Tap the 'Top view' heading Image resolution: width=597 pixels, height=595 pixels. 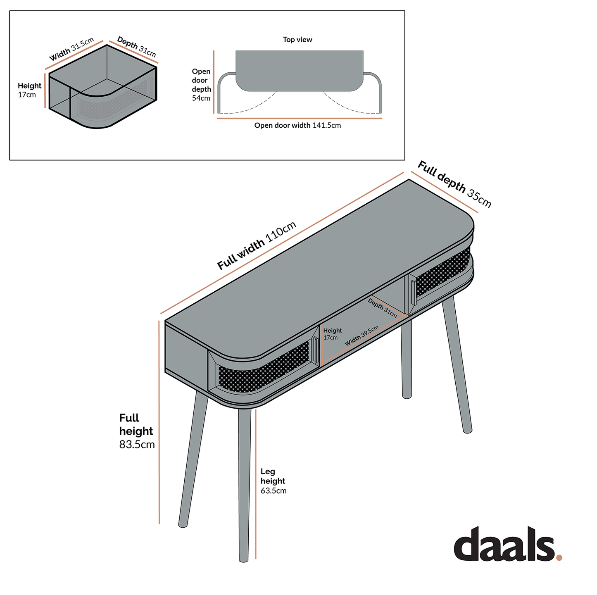297,40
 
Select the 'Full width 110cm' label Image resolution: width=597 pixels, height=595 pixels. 257,245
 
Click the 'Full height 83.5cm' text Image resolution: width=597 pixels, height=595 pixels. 137,431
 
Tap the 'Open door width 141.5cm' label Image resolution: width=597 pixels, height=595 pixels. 297,125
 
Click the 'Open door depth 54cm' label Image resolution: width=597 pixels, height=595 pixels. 201,85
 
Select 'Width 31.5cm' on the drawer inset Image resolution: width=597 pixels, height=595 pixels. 71,49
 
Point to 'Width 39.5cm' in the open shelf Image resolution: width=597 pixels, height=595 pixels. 362,336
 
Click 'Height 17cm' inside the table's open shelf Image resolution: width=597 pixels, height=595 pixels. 333,334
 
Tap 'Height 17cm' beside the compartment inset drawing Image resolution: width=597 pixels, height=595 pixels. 29,90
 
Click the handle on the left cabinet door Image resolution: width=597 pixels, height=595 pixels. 315,350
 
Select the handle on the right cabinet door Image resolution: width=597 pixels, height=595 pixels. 413,293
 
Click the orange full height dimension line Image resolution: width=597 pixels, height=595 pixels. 159,422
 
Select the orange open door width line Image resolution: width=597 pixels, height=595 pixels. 299,118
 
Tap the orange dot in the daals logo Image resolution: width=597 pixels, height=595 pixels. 559,557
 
